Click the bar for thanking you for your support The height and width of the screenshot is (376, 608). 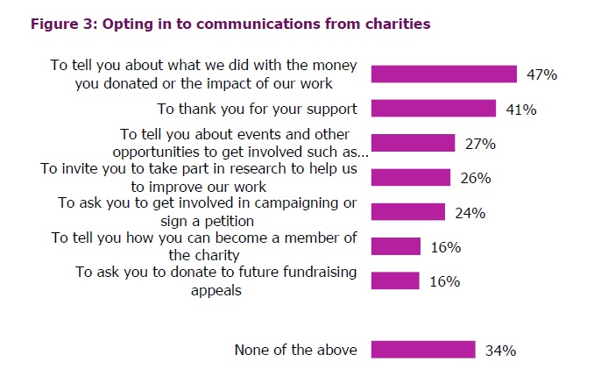pyautogui.click(x=434, y=109)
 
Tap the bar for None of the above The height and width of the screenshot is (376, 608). pyautogui.click(x=423, y=350)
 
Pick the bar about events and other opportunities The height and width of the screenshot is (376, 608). pyautogui.click(x=413, y=143)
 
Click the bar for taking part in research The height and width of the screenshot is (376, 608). pyautogui.click(x=411, y=178)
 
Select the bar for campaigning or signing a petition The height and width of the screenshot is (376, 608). pyautogui.click(x=408, y=212)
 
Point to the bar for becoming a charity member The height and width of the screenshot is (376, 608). pyautogui.click(x=396, y=246)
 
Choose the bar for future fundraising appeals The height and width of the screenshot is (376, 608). pyautogui.click(x=396, y=281)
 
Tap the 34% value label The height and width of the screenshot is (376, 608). pyautogui.click(x=500, y=351)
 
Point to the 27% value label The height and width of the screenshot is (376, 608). pyautogui.click(x=479, y=144)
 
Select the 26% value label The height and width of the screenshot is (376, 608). pyautogui.click(x=475, y=179)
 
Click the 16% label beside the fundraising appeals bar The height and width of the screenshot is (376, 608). pyautogui.click(x=445, y=282)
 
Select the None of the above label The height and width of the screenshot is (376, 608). pyautogui.click(x=295, y=350)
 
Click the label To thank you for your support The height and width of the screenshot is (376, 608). pyautogui.click(x=257, y=109)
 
